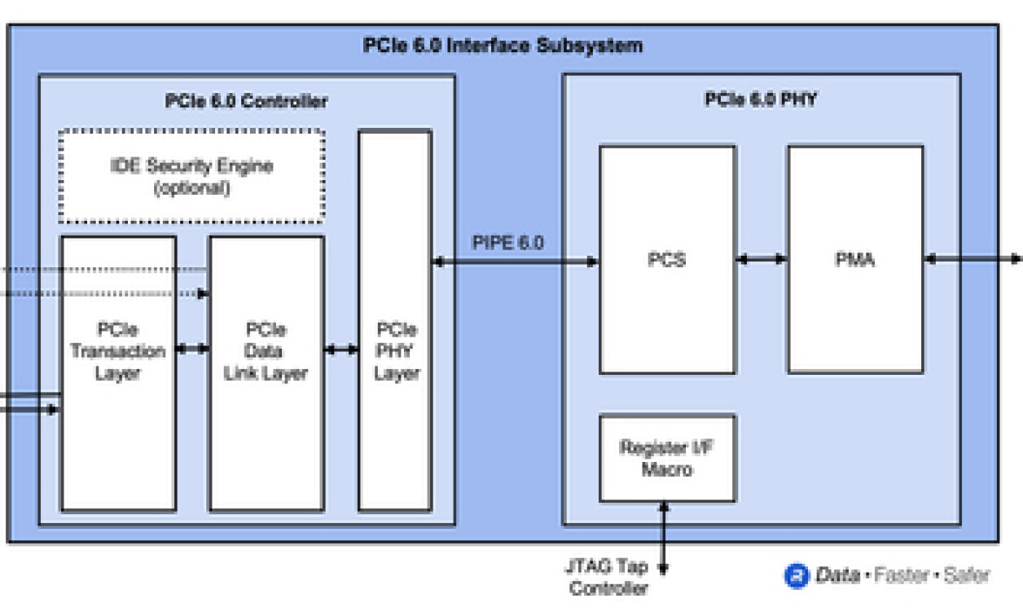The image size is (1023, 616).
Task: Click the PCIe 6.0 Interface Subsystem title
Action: (x=503, y=46)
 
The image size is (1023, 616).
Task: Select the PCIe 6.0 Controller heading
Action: (x=246, y=102)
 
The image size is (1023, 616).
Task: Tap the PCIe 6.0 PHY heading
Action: (x=760, y=100)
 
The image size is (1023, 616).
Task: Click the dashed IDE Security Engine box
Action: (x=191, y=176)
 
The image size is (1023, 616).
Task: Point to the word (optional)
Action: (x=191, y=188)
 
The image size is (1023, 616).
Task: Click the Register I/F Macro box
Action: (x=667, y=459)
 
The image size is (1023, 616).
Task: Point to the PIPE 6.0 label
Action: (x=508, y=243)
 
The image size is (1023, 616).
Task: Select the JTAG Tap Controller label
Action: (x=608, y=578)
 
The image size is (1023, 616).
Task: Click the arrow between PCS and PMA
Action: (x=761, y=259)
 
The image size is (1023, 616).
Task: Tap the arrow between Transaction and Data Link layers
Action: (x=192, y=350)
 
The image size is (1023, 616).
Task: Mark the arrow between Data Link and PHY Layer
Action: (x=340, y=350)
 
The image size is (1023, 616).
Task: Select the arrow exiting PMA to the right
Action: (x=973, y=259)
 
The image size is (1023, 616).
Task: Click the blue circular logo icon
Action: (x=796, y=576)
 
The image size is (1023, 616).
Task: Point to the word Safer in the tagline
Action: (x=967, y=576)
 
